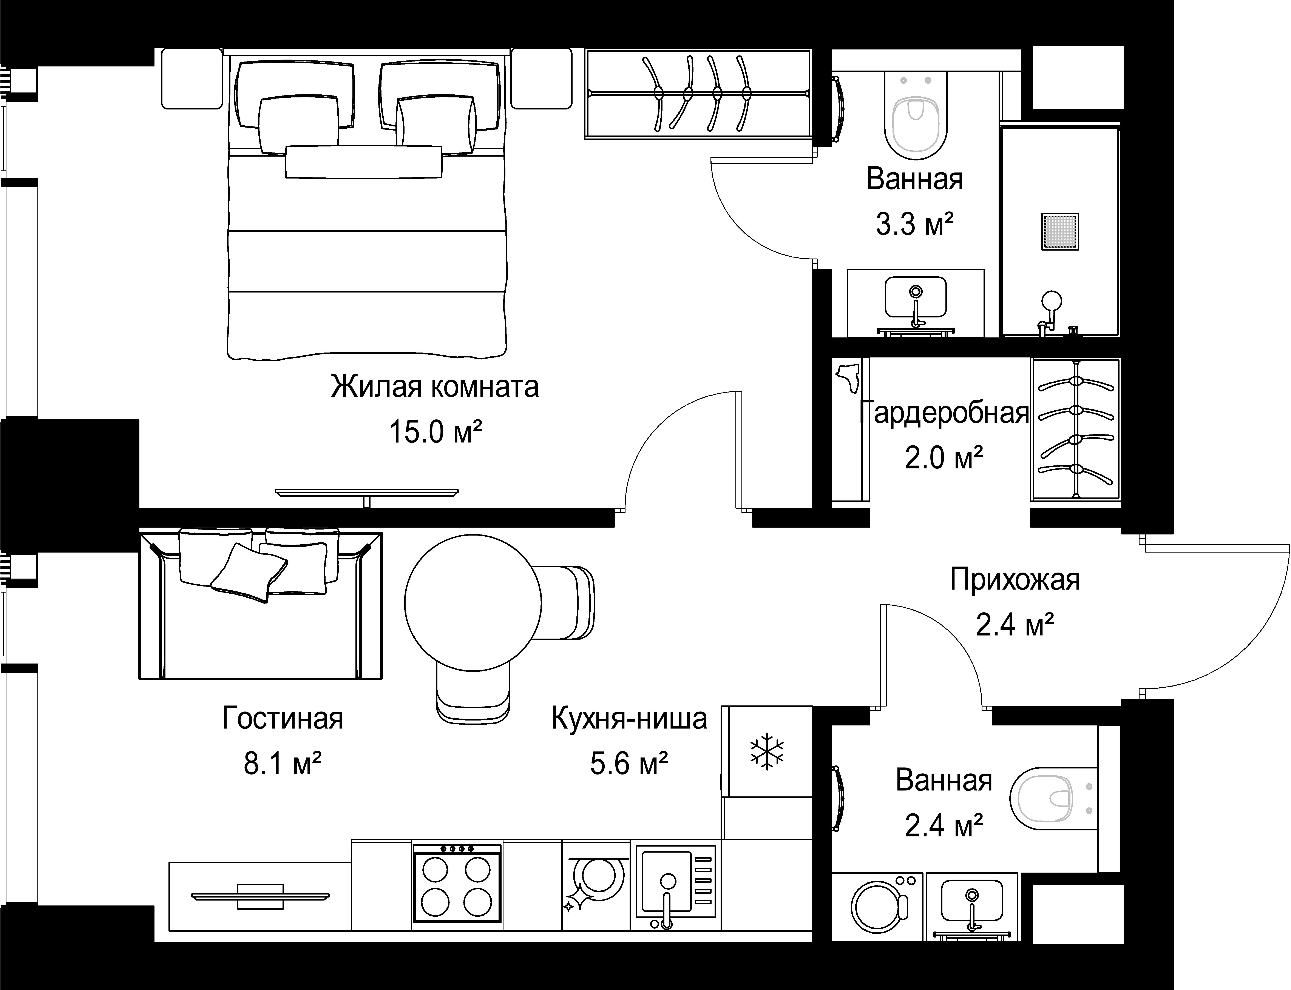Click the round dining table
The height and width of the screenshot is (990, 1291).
pos(473,602)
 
